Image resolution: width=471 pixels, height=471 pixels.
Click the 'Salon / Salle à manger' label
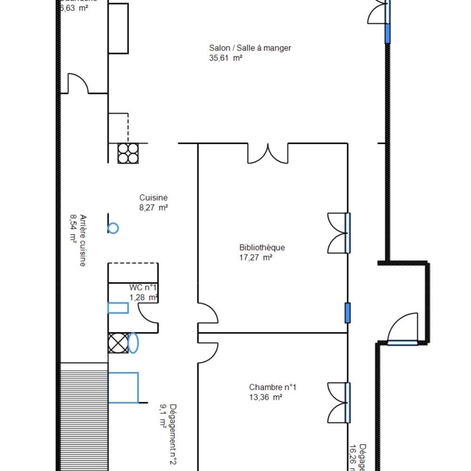coord(250,48)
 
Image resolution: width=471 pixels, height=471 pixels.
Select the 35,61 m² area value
coord(226,58)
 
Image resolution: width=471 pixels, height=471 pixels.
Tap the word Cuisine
coord(153,198)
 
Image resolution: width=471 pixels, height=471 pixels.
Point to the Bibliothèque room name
coord(262,248)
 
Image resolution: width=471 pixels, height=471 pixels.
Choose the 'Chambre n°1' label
coord(273,387)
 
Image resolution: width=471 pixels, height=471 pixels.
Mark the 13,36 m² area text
coord(266,397)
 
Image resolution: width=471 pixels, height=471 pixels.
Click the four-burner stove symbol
coord(128,153)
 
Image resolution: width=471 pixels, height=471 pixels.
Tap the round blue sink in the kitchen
coord(113,228)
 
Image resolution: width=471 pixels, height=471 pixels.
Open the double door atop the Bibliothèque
coord(268,153)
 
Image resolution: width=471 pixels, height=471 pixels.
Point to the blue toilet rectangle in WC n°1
coord(118,308)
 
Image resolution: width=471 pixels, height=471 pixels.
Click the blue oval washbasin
coord(133,343)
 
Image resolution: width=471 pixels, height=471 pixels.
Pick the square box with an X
coord(118,343)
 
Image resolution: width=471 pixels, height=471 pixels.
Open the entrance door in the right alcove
coord(403,330)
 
